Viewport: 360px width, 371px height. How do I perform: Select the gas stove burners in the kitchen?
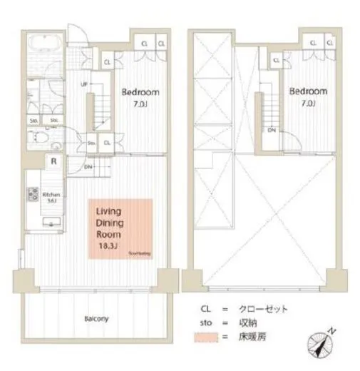tap(32, 194)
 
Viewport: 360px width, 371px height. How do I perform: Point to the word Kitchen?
tap(50, 194)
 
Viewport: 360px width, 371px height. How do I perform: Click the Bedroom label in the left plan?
tap(140, 92)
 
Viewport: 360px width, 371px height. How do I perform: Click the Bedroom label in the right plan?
tap(309, 91)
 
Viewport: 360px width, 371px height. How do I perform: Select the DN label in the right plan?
tap(272, 130)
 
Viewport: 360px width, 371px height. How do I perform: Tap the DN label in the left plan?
tap(88, 167)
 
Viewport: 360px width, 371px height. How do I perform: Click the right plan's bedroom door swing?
tap(294, 141)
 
